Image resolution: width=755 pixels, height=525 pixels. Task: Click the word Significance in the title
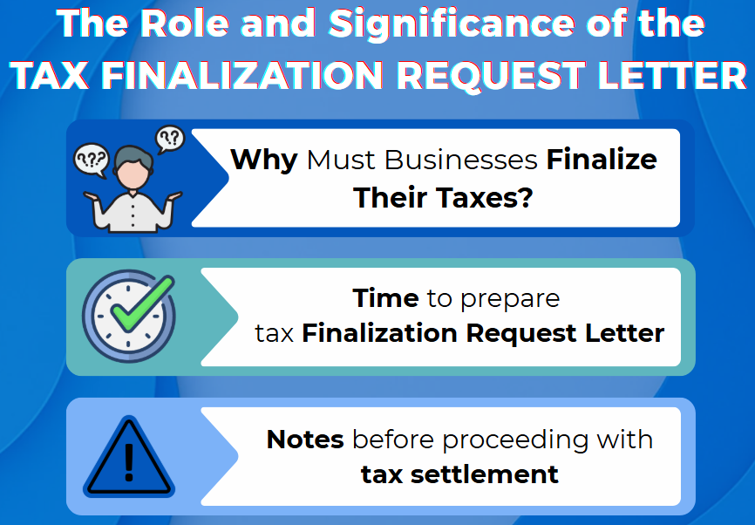click(452, 24)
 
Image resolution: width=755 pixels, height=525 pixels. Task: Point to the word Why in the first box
click(264, 160)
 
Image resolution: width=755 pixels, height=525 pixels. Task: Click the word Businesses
click(461, 160)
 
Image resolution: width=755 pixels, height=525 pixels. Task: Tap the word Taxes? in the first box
click(484, 197)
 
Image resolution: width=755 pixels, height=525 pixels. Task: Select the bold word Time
click(385, 298)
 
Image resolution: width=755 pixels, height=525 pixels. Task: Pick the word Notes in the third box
click(305, 440)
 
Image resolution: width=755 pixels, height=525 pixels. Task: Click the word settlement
click(485, 474)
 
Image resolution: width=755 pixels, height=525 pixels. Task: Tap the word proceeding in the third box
click(515, 440)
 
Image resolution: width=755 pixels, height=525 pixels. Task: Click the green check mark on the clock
click(142, 303)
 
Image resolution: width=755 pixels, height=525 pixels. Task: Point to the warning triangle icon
click(129, 457)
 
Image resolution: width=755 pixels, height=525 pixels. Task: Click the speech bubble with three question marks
click(92, 160)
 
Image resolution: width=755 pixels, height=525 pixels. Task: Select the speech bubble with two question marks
click(170, 139)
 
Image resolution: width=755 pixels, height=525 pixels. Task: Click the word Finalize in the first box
click(602, 160)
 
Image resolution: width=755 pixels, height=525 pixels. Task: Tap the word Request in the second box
click(521, 334)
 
